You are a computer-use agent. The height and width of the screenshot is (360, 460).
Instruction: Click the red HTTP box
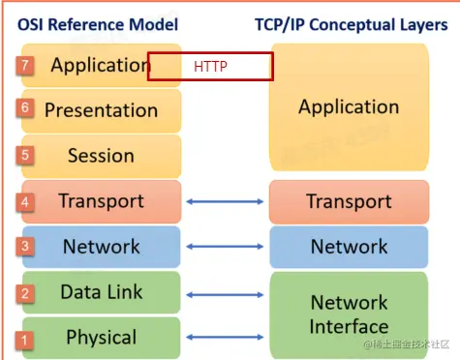[x=210, y=67]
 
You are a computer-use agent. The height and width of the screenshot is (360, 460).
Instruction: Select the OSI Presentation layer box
[x=101, y=110]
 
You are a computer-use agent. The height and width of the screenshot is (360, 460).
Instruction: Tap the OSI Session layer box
[x=101, y=155]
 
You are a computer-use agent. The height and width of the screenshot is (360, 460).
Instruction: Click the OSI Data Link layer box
[x=101, y=291]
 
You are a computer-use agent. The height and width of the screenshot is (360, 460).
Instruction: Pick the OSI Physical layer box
[x=101, y=337]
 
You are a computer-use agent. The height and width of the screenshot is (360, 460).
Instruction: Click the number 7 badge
[x=25, y=66]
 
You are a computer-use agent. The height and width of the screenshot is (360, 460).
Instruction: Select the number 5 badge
[x=25, y=153]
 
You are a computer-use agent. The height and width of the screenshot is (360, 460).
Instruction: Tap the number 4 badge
[x=25, y=202]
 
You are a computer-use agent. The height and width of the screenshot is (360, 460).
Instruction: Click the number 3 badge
[x=25, y=246]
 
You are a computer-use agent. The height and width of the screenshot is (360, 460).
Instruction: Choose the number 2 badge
[x=25, y=293]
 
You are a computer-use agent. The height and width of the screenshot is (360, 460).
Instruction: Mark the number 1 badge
[x=25, y=340]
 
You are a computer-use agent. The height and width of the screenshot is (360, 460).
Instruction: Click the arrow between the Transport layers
[x=225, y=201]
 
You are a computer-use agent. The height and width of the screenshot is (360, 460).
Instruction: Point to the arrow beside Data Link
[x=225, y=292]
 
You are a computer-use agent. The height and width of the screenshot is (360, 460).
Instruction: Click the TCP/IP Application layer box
[x=349, y=106]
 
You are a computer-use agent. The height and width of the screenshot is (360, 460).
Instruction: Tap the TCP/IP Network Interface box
[x=349, y=314]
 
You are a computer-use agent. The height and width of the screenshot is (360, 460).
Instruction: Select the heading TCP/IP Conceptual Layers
[x=352, y=22]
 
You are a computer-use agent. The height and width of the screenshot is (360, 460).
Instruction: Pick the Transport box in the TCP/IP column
[x=349, y=201]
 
